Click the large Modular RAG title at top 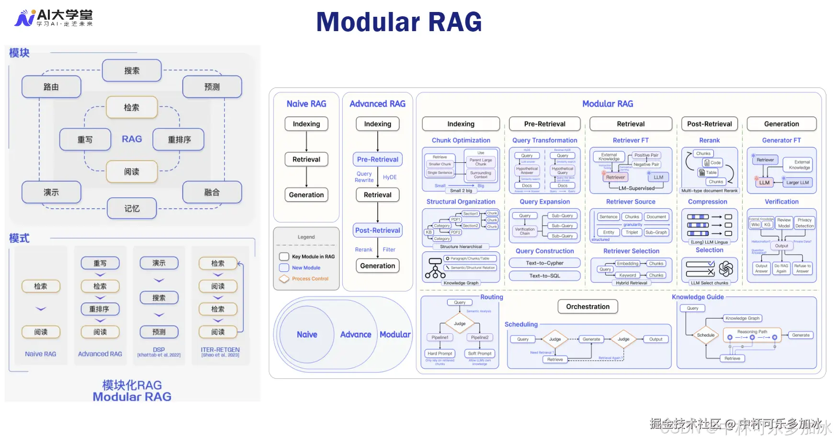click(399, 23)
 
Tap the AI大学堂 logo click(54, 18)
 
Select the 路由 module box click(51, 87)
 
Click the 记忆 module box click(132, 209)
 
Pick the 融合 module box click(212, 193)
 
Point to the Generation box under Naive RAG click(306, 195)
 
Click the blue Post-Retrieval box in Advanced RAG click(378, 230)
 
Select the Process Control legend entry click(310, 279)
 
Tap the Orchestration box click(588, 306)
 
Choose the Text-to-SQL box click(545, 276)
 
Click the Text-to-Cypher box click(545, 263)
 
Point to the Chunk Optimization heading click(461, 140)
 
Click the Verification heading click(781, 202)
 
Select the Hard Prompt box click(440, 353)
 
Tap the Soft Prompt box click(480, 353)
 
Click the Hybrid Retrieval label click(631, 283)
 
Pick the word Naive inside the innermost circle click(307, 335)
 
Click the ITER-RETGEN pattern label click(220, 350)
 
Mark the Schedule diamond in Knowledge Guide click(706, 335)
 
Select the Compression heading click(708, 202)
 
